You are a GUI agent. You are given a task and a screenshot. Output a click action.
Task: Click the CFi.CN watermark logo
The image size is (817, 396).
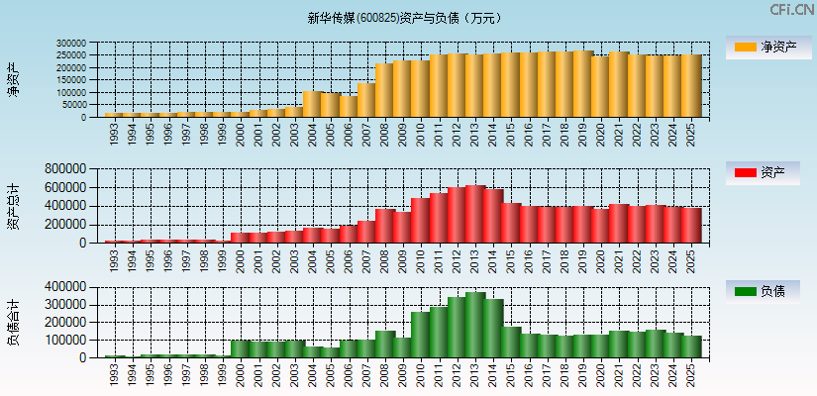792,9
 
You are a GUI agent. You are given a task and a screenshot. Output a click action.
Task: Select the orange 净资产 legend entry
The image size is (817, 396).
764,48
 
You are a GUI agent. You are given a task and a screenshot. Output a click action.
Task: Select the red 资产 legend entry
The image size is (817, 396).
764,173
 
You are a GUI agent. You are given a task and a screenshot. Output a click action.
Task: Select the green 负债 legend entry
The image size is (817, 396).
764,292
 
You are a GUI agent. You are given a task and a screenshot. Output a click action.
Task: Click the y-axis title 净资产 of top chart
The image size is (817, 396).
13,79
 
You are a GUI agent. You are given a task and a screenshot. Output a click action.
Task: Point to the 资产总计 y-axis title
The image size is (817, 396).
13,205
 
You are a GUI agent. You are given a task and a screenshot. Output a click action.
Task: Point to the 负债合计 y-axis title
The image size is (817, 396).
13,322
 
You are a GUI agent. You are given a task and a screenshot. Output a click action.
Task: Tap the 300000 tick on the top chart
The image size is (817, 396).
71,44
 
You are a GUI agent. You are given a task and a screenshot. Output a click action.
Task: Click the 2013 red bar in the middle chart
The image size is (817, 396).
475,214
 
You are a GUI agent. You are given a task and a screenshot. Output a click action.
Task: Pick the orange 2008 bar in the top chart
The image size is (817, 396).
384,90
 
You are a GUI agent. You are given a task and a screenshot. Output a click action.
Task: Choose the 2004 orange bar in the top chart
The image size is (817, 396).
312,104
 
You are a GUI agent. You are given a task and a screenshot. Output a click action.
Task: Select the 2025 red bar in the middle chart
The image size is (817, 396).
691,225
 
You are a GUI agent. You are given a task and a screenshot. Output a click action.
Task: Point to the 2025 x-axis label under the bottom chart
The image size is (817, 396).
691,373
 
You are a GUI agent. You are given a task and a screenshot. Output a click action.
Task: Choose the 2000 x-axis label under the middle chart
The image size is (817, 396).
241,258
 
